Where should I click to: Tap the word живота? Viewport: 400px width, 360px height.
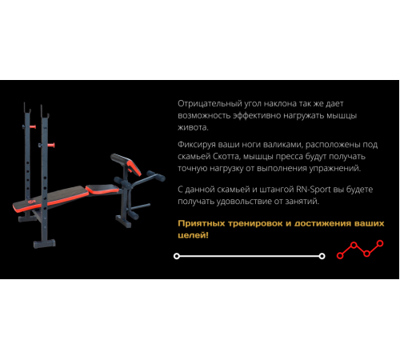click(x=193, y=127)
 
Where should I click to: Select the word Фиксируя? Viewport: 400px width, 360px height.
click(x=197, y=145)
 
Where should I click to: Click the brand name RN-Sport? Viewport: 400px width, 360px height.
click(x=314, y=190)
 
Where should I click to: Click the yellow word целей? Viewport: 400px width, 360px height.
click(x=193, y=235)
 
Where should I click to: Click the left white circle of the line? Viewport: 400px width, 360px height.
click(x=177, y=256)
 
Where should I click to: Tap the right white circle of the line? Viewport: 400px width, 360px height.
click(x=322, y=256)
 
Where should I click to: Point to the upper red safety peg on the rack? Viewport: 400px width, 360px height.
click(x=32, y=126)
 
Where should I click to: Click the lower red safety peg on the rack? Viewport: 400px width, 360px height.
click(x=50, y=146)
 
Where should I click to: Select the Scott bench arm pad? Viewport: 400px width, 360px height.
click(x=126, y=164)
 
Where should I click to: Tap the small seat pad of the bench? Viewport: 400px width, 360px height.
click(x=102, y=189)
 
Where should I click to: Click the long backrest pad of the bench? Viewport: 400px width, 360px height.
click(x=50, y=198)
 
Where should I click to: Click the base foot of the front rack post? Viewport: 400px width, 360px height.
click(x=45, y=243)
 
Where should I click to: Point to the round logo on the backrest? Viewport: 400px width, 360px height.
click(x=32, y=202)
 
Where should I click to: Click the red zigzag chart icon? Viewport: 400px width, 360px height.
click(x=360, y=250)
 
